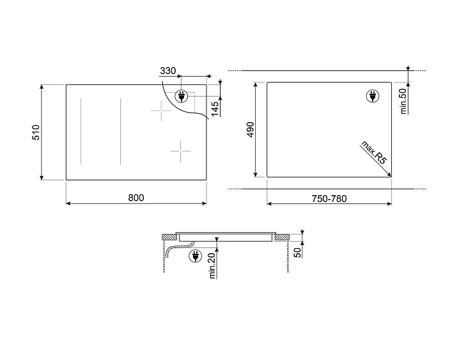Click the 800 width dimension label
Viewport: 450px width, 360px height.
click(x=136, y=198)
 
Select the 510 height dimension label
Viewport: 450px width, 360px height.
click(x=36, y=132)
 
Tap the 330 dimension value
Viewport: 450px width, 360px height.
click(x=167, y=70)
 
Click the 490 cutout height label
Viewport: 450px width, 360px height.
click(x=251, y=129)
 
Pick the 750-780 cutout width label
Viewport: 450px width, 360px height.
click(x=329, y=198)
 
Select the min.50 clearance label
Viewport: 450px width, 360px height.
click(x=403, y=100)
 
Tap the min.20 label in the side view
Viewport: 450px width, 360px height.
click(x=212, y=265)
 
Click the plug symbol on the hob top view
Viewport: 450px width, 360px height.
click(x=182, y=97)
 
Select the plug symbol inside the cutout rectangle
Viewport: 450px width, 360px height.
click(x=372, y=97)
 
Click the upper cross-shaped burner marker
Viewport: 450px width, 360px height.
click(x=161, y=112)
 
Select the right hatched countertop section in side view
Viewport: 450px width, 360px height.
click(x=282, y=238)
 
